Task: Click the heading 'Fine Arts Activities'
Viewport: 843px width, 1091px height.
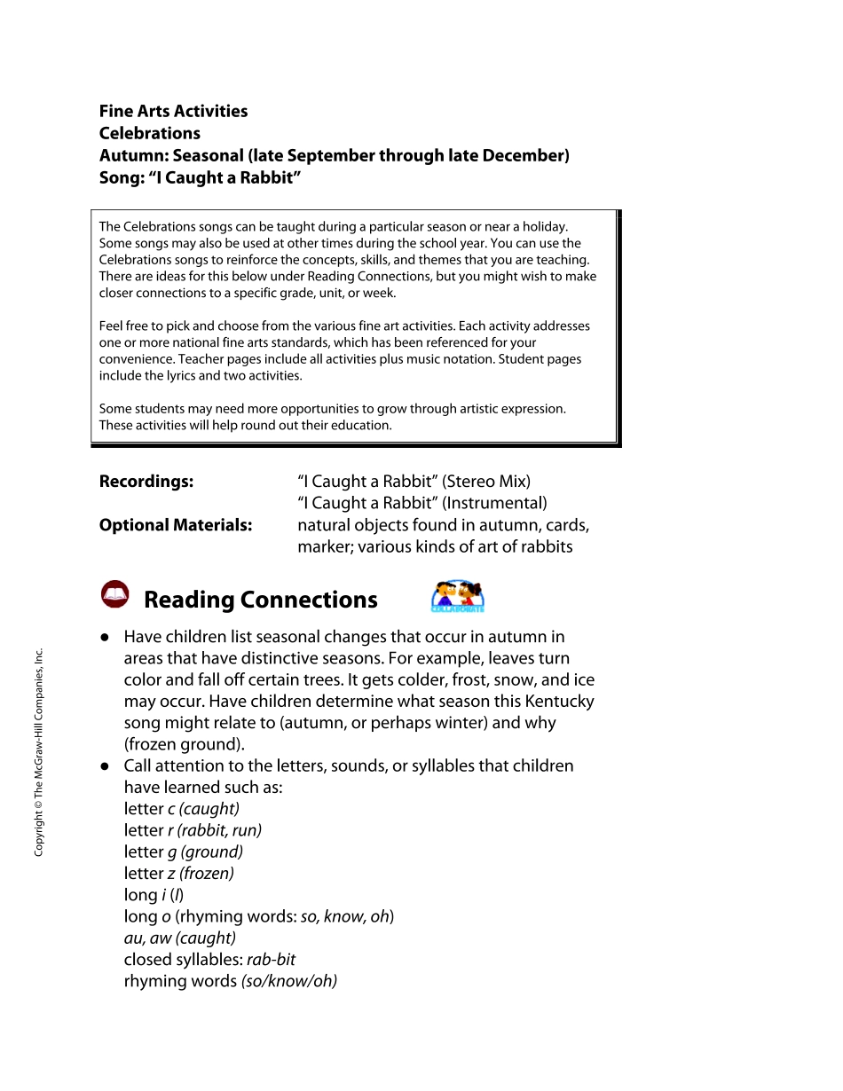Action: [x=173, y=112]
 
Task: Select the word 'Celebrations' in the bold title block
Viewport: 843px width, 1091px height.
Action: [x=149, y=134]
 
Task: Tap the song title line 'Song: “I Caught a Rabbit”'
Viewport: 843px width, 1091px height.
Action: [x=201, y=177]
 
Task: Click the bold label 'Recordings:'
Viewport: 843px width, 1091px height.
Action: [x=146, y=482]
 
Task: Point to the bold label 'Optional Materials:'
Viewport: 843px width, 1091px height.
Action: [x=176, y=525]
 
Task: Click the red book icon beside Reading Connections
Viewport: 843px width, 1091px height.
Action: [x=115, y=595]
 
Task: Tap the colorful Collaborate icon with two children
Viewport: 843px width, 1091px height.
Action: [x=458, y=597]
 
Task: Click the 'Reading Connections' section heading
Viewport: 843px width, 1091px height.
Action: [x=260, y=600]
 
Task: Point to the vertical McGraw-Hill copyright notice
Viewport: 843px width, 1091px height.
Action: [x=38, y=753]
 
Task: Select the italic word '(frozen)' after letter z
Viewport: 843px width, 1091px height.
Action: [x=207, y=874]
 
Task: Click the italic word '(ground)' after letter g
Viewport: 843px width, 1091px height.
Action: [x=211, y=852]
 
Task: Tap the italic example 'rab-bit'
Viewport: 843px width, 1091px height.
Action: [x=271, y=960]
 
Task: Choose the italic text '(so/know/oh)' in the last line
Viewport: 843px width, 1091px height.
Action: [x=289, y=981]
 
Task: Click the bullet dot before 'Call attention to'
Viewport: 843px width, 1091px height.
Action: [x=105, y=765]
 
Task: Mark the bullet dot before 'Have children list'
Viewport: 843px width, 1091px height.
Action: [x=105, y=637]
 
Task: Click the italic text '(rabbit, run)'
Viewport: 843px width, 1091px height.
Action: [x=219, y=831]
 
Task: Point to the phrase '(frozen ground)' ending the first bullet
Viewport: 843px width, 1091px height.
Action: [x=182, y=744]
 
